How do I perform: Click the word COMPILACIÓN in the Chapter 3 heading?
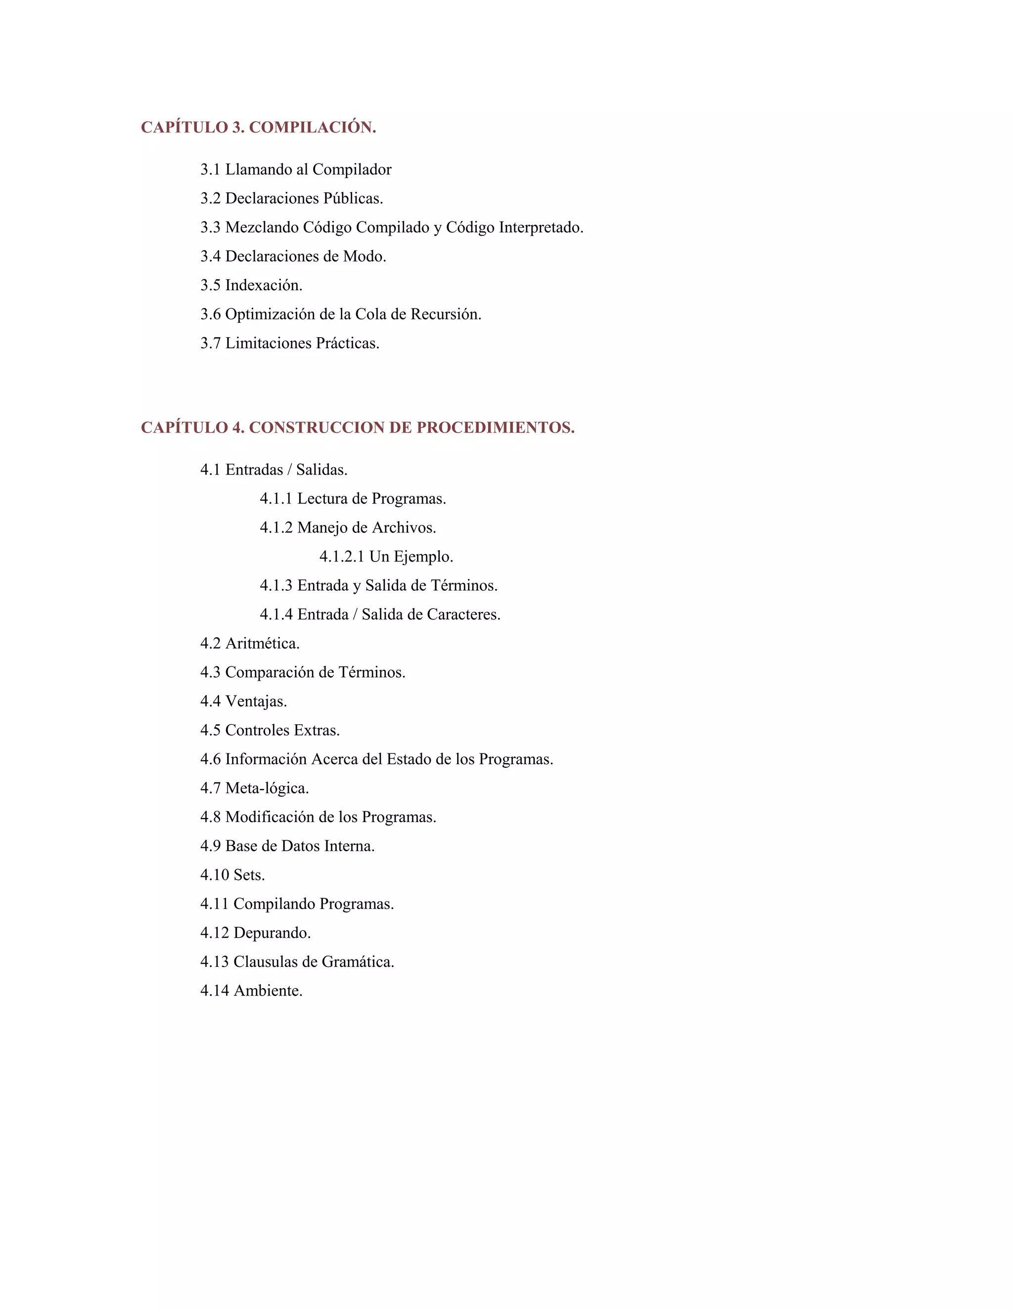(x=312, y=127)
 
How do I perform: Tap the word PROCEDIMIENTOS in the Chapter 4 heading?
(x=495, y=428)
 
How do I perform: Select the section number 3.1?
(x=211, y=170)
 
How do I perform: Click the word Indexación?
(x=264, y=285)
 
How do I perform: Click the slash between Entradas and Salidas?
(x=289, y=470)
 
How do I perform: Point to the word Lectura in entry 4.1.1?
(x=322, y=498)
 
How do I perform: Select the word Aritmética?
(x=262, y=644)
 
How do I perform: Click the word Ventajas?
(x=256, y=701)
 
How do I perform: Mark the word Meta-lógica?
(x=267, y=788)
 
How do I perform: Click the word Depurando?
(x=272, y=933)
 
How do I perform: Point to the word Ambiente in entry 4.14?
(x=268, y=991)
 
